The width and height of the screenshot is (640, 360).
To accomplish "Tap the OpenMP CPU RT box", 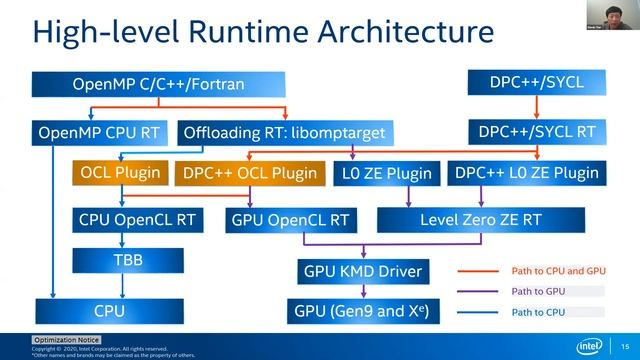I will point(97,131).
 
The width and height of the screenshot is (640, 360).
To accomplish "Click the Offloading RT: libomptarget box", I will point(283,131).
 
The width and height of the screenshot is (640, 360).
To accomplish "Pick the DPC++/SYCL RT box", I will point(537,131).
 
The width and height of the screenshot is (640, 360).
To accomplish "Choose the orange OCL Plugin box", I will point(120,172).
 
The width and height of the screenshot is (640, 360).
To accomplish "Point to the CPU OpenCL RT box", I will point(122,218).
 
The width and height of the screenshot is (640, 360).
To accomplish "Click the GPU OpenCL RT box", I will point(290,218).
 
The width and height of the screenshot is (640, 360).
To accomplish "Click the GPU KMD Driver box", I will point(361,270).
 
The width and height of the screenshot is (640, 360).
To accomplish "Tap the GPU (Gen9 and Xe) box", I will point(361,311).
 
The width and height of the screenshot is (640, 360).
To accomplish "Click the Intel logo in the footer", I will point(591,346).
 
